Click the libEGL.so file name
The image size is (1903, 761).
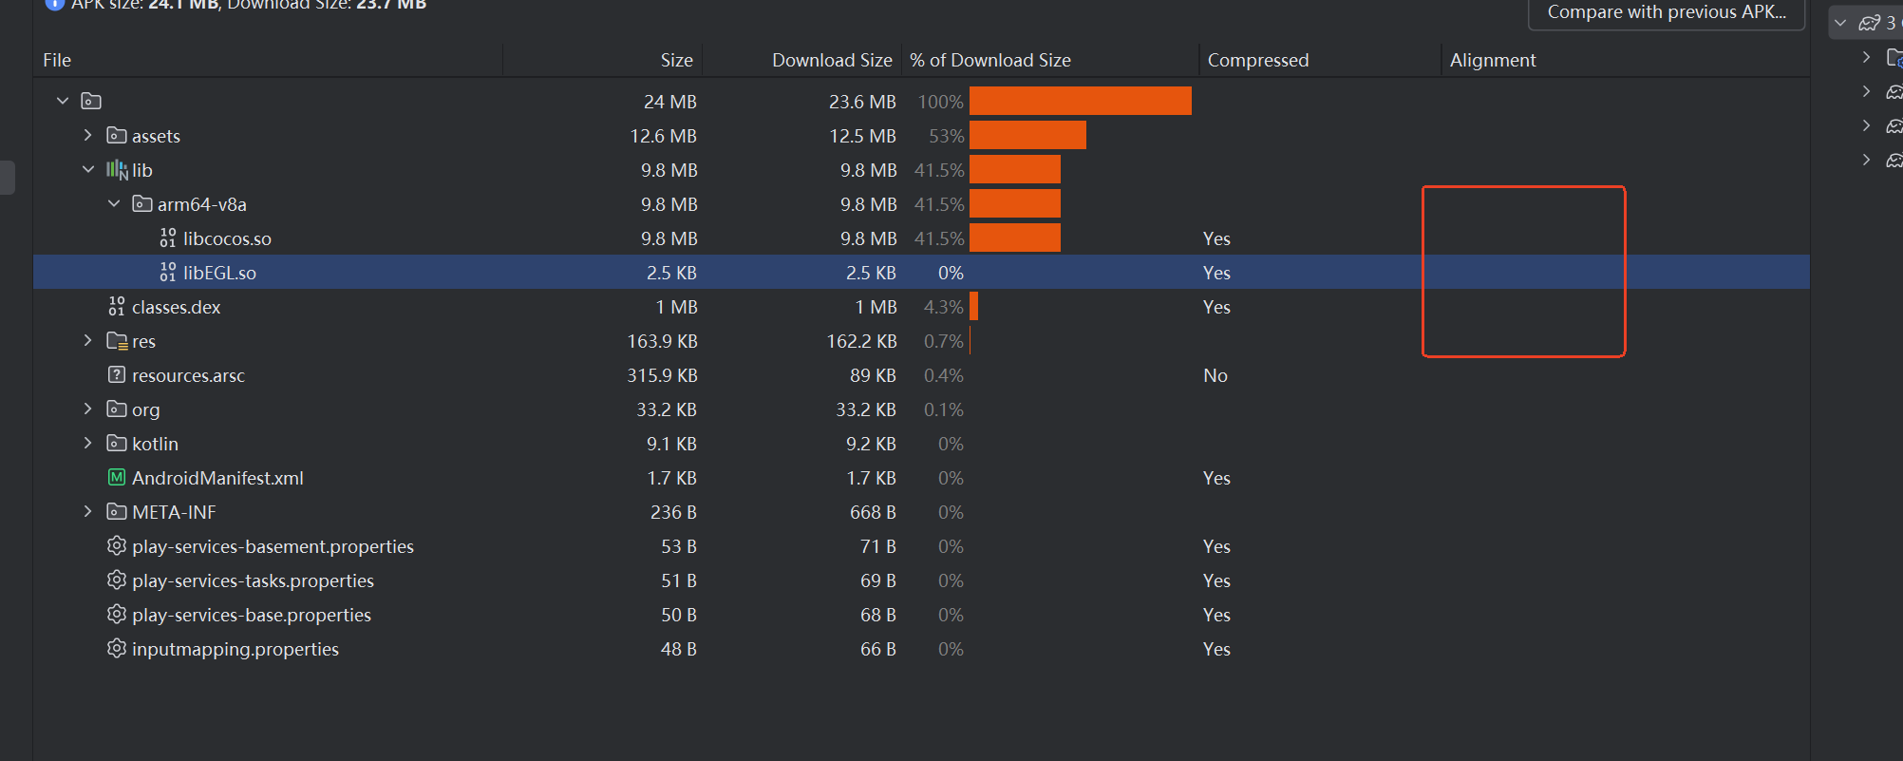click(x=219, y=273)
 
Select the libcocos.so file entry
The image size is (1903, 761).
click(x=227, y=238)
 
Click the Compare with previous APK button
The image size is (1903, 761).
click(x=1666, y=12)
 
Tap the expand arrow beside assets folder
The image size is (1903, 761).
click(x=88, y=135)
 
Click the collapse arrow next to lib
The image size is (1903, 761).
click(x=88, y=169)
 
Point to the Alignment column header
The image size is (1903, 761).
click(x=1492, y=60)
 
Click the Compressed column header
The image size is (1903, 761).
click(x=1257, y=60)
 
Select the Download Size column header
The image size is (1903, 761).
click(x=832, y=60)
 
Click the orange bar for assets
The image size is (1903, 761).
click(x=1027, y=136)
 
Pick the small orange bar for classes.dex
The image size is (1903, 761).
click(x=973, y=307)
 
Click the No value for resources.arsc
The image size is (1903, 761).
click(x=1215, y=375)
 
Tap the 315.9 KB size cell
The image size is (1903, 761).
click(x=662, y=375)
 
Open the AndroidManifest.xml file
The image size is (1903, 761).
click(x=217, y=478)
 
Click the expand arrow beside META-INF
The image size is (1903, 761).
click(x=88, y=511)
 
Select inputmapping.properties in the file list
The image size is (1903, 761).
click(x=235, y=649)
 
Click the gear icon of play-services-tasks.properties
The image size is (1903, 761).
click(x=117, y=580)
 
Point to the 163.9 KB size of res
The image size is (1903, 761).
click(x=662, y=341)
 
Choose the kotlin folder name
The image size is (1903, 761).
click(x=155, y=444)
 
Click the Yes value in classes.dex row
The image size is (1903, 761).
click(x=1215, y=307)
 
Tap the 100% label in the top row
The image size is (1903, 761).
click(x=940, y=102)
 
